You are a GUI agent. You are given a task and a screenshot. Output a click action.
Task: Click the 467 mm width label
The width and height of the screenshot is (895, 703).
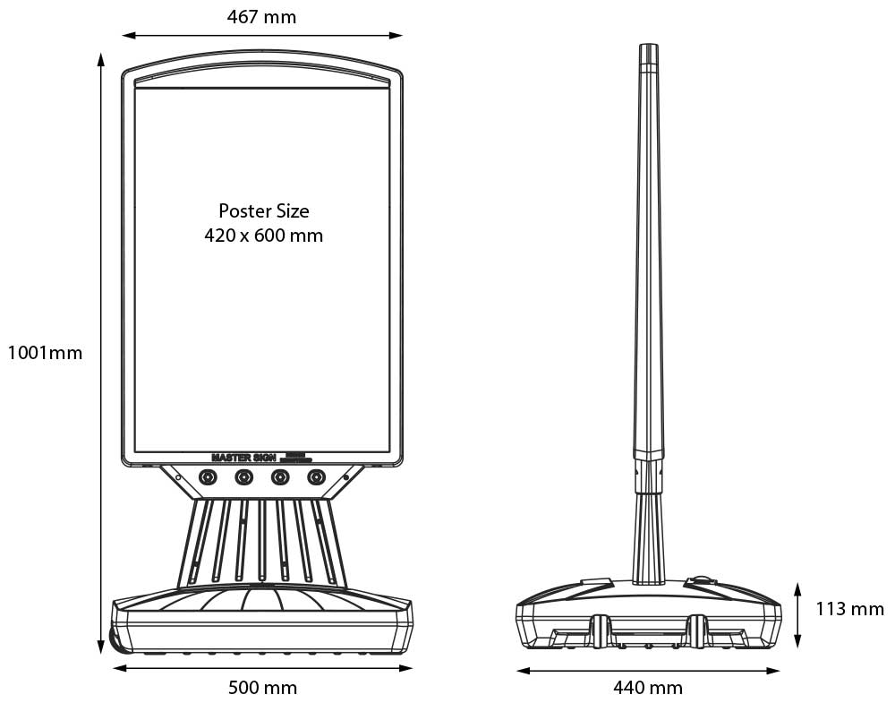pyautogui.click(x=261, y=16)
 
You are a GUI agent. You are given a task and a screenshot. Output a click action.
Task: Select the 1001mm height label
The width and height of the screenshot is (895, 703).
pyautogui.click(x=45, y=353)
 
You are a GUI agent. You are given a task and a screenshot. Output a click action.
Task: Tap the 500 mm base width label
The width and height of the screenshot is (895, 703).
pyautogui.click(x=262, y=688)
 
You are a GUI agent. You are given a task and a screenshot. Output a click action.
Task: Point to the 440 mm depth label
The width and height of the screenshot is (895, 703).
pyautogui.click(x=647, y=688)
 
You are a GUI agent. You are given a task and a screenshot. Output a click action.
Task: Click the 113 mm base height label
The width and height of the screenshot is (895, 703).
pyautogui.click(x=849, y=609)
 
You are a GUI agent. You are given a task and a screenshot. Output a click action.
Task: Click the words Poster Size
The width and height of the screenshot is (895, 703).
pyautogui.click(x=263, y=211)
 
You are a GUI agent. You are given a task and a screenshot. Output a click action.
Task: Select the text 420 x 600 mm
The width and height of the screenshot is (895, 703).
pyautogui.click(x=263, y=236)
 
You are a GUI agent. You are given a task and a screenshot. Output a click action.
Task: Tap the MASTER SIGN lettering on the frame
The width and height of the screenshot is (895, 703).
pyautogui.click(x=243, y=457)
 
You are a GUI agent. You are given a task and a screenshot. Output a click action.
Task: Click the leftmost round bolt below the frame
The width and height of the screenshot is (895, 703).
pyautogui.click(x=208, y=477)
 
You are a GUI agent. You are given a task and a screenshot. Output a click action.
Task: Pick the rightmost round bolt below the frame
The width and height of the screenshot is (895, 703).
pyautogui.click(x=316, y=477)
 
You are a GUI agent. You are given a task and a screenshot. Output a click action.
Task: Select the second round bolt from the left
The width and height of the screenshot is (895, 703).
pyautogui.click(x=243, y=477)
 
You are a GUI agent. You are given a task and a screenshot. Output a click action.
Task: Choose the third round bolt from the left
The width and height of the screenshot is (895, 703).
pyautogui.click(x=280, y=477)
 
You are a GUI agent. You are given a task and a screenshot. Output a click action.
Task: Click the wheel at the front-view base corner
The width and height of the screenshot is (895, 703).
pyautogui.click(x=115, y=640)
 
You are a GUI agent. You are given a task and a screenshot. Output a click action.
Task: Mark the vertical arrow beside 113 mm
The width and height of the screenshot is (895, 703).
pyautogui.click(x=797, y=614)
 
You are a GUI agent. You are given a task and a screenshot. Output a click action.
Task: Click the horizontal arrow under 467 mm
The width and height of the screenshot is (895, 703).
pyautogui.click(x=262, y=36)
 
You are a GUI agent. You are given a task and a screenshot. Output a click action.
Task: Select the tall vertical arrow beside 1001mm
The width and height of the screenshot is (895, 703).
pyautogui.click(x=100, y=353)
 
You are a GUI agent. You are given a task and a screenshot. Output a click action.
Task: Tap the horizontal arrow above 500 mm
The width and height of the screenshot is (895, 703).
pyautogui.click(x=262, y=668)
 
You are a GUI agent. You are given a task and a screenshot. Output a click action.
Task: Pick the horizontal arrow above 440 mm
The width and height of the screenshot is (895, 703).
pyautogui.click(x=648, y=669)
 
